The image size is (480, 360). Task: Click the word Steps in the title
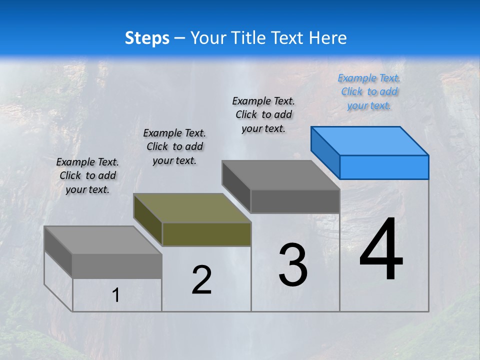point(147,38)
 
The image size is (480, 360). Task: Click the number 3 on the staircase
point(293,264)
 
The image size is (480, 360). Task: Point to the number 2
point(201,280)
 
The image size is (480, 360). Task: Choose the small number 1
point(116,295)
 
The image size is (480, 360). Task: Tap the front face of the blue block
point(384,167)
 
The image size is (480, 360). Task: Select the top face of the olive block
point(192,208)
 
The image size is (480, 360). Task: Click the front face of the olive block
point(206,234)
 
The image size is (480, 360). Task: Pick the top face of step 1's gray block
point(103,240)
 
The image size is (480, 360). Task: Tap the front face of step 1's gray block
point(117,266)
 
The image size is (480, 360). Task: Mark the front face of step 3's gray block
point(295,201)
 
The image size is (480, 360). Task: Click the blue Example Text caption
point(369,91)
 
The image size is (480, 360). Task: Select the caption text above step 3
point(263,114)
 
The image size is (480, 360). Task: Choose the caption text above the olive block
point(174,146)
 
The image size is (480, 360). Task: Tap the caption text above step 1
point(87,175)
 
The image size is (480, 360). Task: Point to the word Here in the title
point(327,38)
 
